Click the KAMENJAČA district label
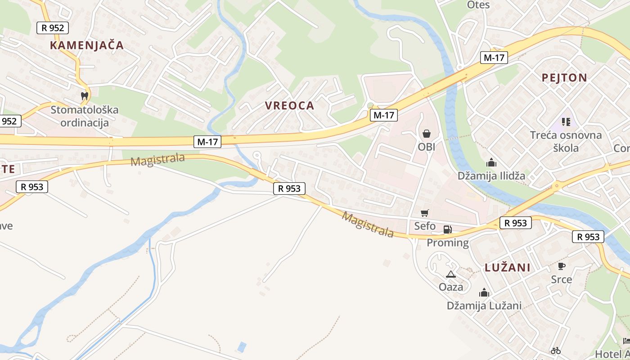click(86, 45)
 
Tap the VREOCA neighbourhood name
click(289, 106)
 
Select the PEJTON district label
click(564, 78)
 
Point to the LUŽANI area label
click(508, 268)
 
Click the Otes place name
click(478, 5)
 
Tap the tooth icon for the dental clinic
click(84, 95)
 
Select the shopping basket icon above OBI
click(427, 133)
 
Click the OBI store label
click(427, 147)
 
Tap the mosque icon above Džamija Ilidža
click(491, 162)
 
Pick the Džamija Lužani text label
click(484, 306)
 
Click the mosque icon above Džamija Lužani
click(484, 293)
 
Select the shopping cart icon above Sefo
click(425, 213)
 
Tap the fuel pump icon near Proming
click(447, 229)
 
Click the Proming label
click(448, 243)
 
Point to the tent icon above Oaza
click(450, 274)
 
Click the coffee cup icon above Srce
click(561, 266)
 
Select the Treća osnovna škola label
click(566, 141)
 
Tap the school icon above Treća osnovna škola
click(566, 121)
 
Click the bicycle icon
click(556, 350)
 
